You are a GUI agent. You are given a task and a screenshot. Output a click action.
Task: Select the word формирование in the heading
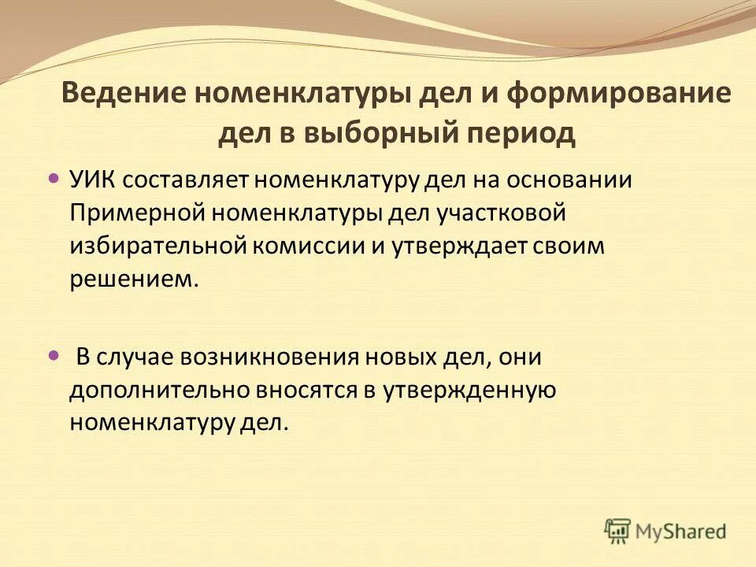click(x=618, y=95)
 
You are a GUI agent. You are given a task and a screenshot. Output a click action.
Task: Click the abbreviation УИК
click(x=94, y=179)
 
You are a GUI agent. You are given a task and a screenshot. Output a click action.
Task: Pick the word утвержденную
click(x=471, y=389)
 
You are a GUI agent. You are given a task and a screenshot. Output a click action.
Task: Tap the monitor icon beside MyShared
click(x=618, y=531)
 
